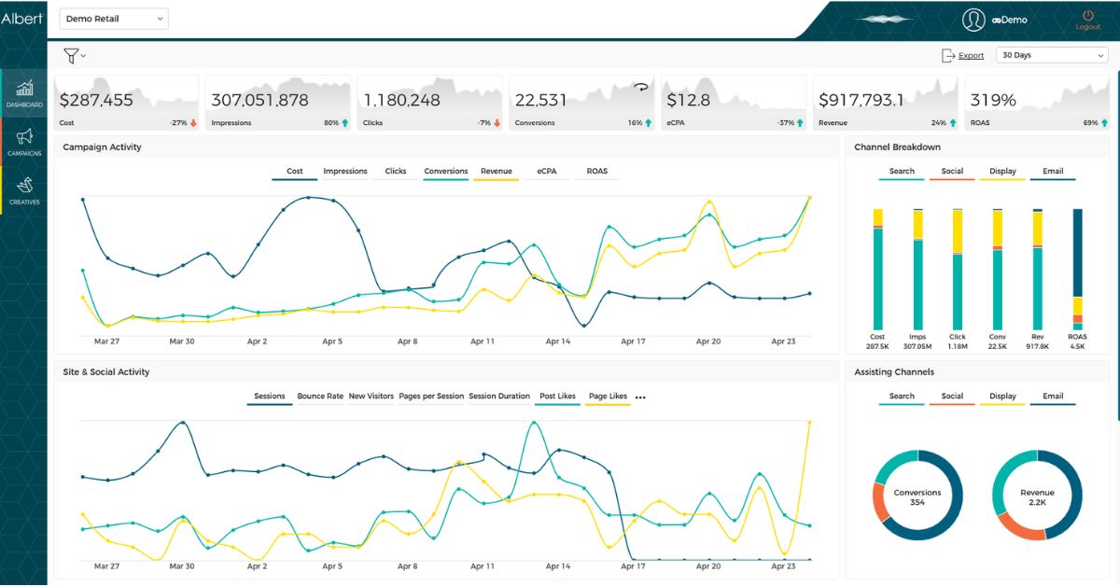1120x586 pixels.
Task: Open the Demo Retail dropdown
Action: [x=114, y=19]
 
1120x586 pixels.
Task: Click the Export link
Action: [x=971, y=55]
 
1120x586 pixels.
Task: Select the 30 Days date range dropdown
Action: [x=1052, y=55]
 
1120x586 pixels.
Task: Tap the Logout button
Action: [x=1088, y=21]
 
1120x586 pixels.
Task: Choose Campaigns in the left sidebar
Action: [x=24, y=142]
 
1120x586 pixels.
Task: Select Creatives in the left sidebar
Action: [x=24, y=190]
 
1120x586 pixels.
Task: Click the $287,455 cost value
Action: [x=96, y=100]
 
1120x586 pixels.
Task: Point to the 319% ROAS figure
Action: [x=993, y=100]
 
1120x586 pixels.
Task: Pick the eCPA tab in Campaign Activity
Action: [x=547, y=171]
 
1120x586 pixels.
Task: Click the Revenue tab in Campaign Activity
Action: [x=496, y=171]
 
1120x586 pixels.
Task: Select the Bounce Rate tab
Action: [x=320, y=396]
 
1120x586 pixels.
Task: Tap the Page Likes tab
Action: [x=608, y=396]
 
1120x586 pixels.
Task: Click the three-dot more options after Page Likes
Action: [x=640, y=398]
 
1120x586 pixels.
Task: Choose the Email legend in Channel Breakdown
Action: [x=1053, y=171]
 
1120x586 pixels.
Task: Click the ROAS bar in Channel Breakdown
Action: [x=1077, y=270]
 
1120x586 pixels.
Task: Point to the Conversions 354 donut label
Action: [x=917, y=497]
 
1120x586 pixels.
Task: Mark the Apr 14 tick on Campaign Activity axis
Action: [x=557, y=341]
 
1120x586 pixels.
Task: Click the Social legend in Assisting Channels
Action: [x=952, y=396]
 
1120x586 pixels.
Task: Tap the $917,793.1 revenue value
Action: [x=861, y=100]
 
